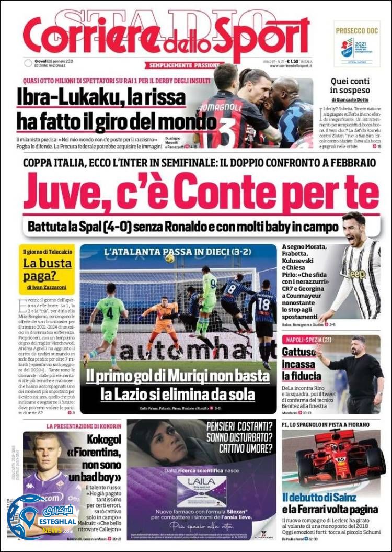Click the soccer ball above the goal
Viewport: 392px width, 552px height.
pos(170,258)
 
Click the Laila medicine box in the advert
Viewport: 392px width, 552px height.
pos(202,491)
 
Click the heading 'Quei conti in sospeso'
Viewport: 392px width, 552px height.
pos(354,86)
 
